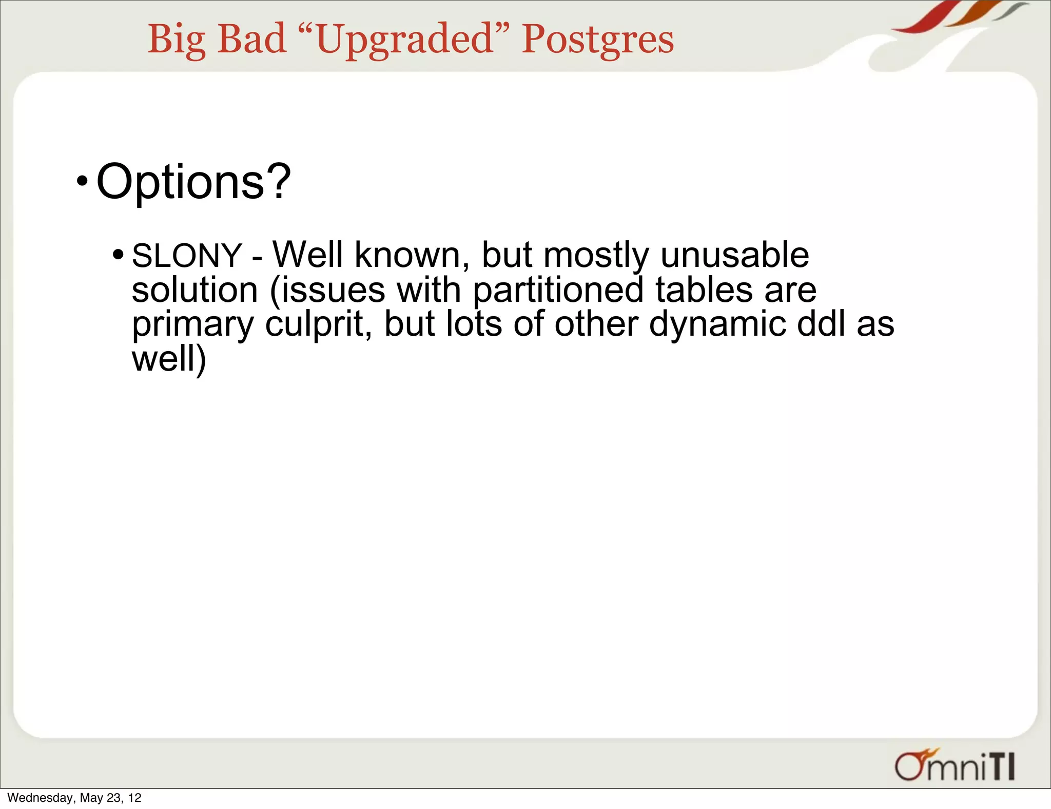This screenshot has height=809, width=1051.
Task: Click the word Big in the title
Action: (177, 40)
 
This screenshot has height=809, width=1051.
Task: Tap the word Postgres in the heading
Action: (597, 40)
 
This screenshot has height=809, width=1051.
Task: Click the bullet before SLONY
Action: (118, 254)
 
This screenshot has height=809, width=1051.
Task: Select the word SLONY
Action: (186, 255)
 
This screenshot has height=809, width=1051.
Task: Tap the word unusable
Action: (734, 255)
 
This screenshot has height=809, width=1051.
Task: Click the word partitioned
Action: (558, 290)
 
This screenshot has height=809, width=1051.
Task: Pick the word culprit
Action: (318, 324)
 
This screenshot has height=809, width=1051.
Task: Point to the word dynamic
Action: (717, 324)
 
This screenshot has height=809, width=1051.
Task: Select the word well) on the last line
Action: (169, 359)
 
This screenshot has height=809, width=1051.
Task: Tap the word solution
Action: (194, 290)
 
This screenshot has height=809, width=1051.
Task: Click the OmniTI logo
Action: (955, 765)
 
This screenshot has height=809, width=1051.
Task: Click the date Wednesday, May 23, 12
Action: (74, 798)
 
